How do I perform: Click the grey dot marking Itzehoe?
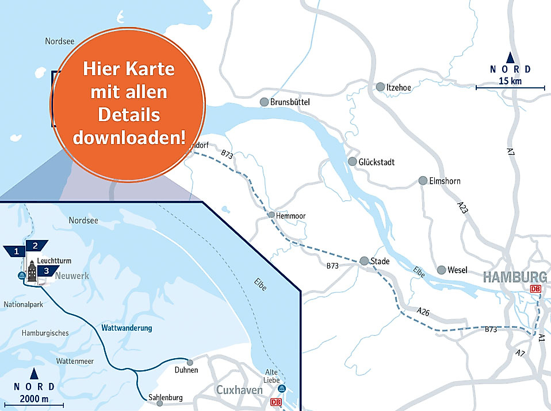coord(380,87)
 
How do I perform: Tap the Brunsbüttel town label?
coord(290,102)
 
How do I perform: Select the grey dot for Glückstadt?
coord(353,162)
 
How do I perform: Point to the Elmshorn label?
coord(445,181)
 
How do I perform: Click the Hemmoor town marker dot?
coord(271,215)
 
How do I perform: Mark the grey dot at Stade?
coord(364,261)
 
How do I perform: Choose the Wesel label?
coord(457,270)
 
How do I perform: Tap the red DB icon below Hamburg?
coord(535,289)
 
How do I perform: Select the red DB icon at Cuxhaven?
coord(275,403)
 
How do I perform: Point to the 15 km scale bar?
coord(510,88)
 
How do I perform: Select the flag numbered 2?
coord(36,246)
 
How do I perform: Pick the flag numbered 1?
coord(16,251)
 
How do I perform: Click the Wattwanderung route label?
coord(127,328)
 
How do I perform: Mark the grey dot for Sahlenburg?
coord(160,404)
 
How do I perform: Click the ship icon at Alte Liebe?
coord(281,389)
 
